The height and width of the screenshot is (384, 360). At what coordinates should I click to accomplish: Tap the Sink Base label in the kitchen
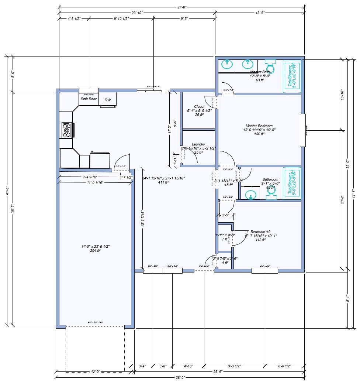click(89, 99)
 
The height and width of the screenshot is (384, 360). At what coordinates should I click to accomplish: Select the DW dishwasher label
click(108, 100)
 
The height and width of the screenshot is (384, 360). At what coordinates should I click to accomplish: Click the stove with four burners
click(67, 130)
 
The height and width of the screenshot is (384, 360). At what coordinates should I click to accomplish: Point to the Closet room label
click(199, 107)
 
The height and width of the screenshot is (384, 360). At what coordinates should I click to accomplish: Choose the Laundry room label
click(198, 144)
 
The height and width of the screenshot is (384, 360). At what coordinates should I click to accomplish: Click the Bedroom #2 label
click(260, 232)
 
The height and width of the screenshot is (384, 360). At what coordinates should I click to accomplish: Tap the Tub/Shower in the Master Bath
click(292, 76)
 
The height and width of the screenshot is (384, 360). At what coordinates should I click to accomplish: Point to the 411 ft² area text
click(163, 182)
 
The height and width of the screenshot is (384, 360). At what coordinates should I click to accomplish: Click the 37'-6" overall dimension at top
click(181, 7)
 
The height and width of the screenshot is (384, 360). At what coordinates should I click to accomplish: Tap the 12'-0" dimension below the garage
click(95, 372)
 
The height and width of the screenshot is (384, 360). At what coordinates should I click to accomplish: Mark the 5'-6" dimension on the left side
click(13, 74)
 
